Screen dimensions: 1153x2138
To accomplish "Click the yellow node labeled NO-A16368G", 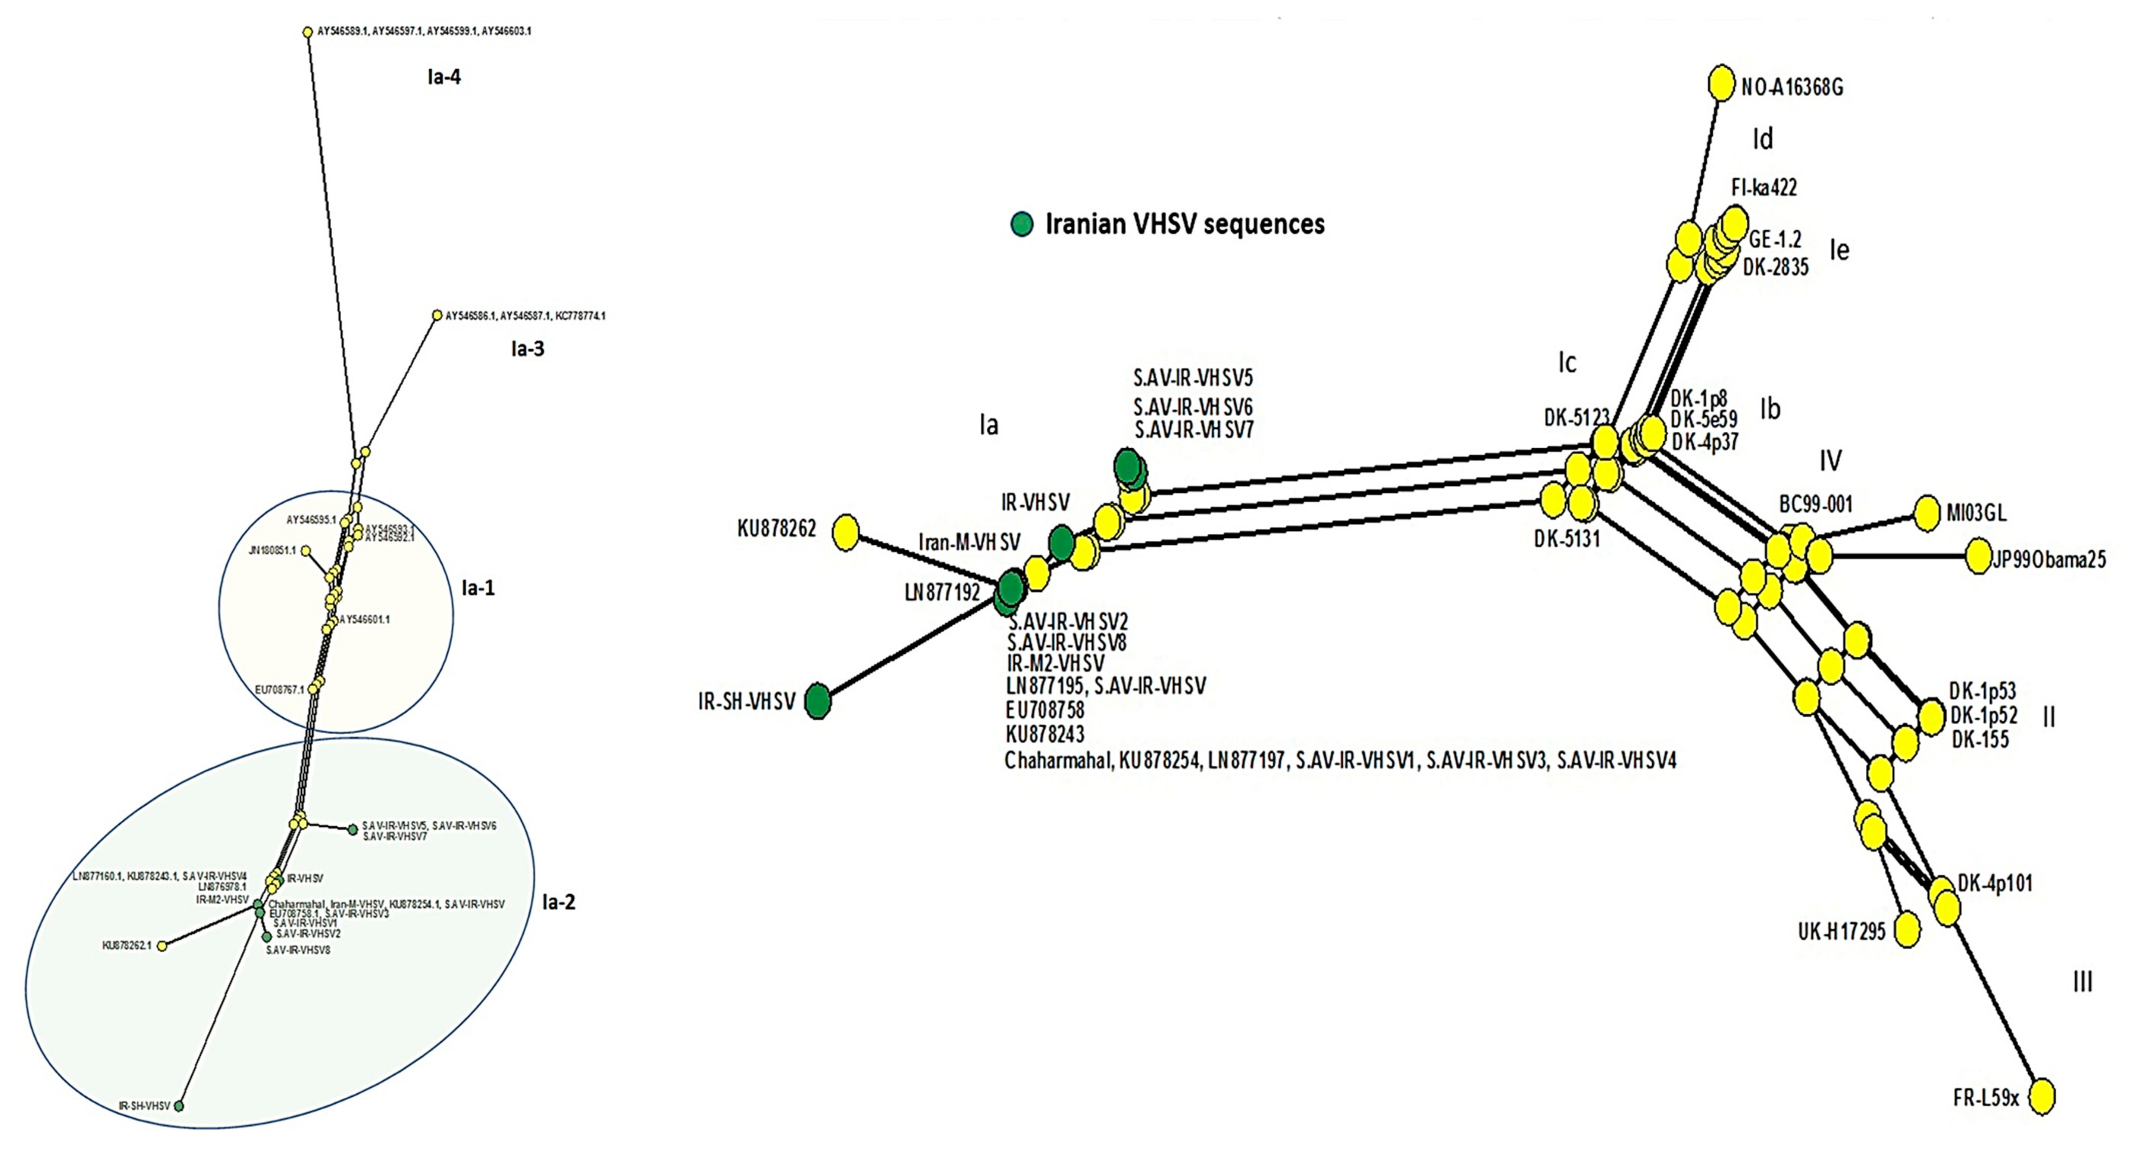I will click(1721, 84).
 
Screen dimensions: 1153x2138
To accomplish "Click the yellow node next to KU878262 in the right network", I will click(846, 532).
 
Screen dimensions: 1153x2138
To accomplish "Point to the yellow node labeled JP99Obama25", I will click(1979, 556).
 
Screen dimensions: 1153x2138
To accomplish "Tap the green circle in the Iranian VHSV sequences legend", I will click(1022, 224).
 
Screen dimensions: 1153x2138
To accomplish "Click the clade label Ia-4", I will click(444, 77).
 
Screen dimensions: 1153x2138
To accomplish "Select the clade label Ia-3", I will click(528, 349).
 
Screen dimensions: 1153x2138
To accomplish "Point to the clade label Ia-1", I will click(478, 588).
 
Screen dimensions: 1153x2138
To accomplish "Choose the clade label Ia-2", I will click(558, 902).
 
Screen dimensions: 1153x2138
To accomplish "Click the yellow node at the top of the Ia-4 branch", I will click(308, 32).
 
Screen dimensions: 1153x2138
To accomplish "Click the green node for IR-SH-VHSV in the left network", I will click(178, 1106).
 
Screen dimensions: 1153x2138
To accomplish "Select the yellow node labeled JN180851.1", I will click(306, 550).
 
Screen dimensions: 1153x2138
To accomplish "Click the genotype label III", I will click(2083, 982).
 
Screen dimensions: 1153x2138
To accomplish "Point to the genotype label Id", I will click(1762, 139).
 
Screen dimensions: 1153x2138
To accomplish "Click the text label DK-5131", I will click(1566, 539).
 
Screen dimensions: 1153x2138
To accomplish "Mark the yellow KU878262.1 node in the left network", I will click(163, 946).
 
